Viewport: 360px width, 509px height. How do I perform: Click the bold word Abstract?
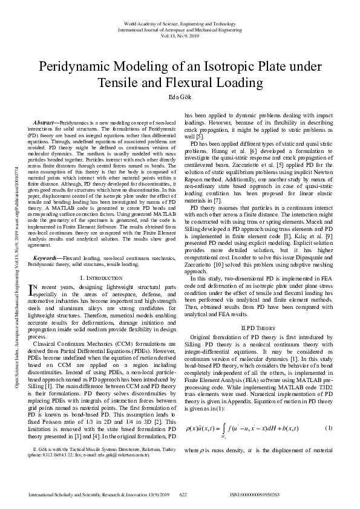46,122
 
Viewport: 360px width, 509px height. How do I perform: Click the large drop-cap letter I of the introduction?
32,291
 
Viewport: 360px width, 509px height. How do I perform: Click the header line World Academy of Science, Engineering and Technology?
180,22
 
